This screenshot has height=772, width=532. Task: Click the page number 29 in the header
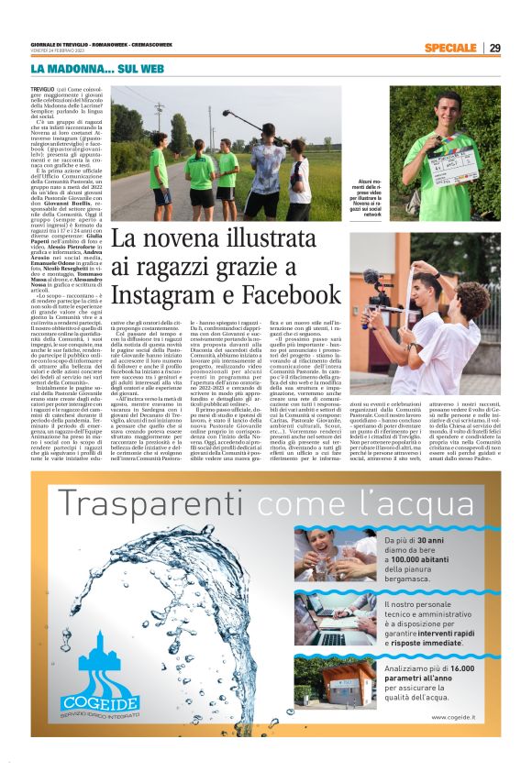[x=494, y=48]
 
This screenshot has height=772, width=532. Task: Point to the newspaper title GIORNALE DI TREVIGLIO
[x=72, y=44]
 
